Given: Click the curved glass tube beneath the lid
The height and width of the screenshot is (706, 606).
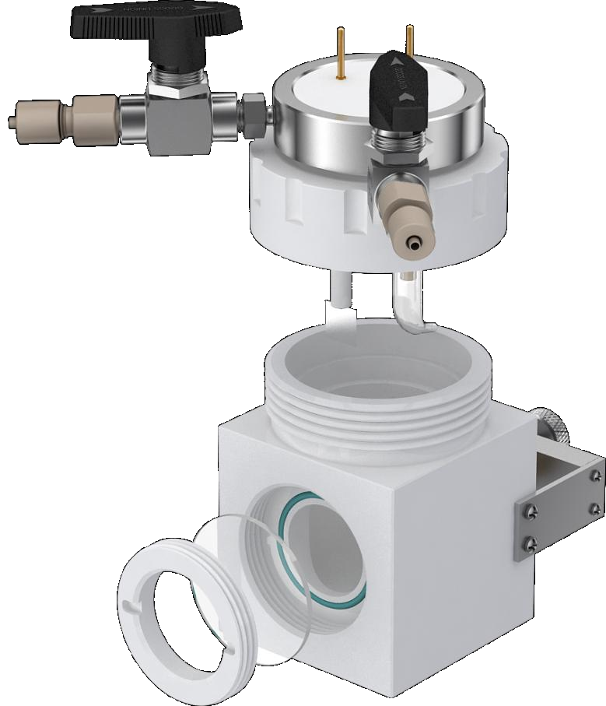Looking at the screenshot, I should [408, 307].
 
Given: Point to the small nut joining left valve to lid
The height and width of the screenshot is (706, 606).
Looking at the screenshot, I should [252, 113].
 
